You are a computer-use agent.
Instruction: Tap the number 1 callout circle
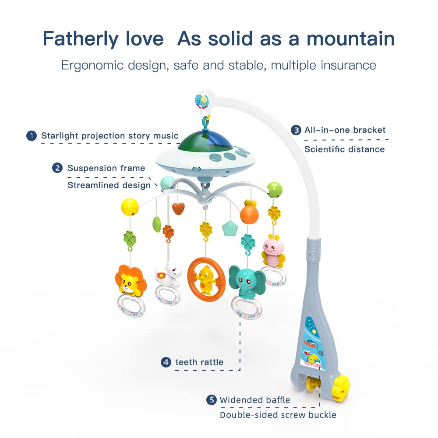pos(31,136)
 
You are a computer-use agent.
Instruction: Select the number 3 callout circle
pos(297,130)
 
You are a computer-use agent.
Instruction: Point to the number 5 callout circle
pos(212,400)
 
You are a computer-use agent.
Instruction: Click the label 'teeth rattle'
pos(199,362)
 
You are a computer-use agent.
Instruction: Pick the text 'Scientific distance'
pos(344,149)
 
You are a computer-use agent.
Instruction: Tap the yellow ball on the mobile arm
pos(130,206)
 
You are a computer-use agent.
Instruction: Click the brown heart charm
pos(178,208)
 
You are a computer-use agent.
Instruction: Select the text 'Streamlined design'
pos(109,185)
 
